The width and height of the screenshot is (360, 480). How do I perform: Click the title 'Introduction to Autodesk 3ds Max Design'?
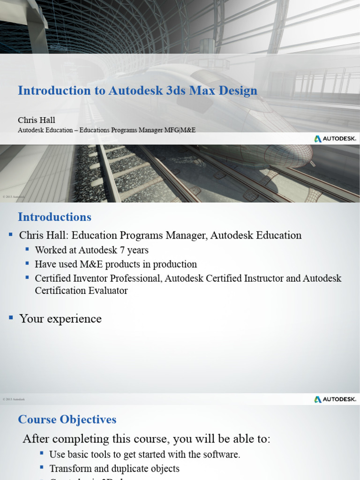pos(137,90)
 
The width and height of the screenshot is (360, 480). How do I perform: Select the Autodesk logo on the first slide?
pos(335,139)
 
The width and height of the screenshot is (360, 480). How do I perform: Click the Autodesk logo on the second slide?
pos(335,399)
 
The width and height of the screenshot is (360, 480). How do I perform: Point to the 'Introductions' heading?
pos(54,217)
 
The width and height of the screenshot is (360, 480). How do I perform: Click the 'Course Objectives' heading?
pos(67,420)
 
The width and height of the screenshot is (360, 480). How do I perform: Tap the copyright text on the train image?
pos(13,196)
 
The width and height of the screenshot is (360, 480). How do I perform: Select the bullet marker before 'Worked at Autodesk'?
pos(28,249)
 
